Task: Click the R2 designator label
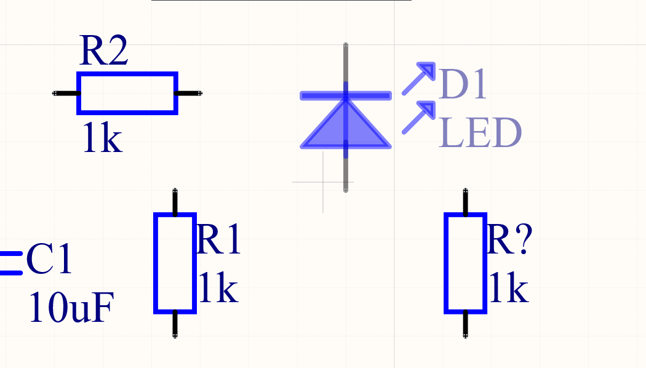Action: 103,52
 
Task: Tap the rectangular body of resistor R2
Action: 127,94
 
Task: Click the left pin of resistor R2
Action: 66,94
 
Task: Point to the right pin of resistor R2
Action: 188,94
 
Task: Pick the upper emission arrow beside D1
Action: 419,78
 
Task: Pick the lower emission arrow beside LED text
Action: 419,117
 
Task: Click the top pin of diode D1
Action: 346,62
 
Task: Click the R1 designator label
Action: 218,240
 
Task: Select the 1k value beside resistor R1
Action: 218,289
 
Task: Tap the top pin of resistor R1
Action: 175,202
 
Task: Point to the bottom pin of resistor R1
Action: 175,324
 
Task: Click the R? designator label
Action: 509,240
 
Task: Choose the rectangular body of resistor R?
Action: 466,263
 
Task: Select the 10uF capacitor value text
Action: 71,308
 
